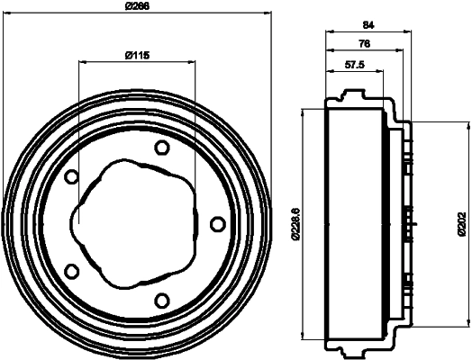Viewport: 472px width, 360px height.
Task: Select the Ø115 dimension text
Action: pos(136,56)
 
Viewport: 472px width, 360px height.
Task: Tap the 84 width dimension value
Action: pos(368,25)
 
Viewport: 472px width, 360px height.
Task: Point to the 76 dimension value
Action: pos(364,43)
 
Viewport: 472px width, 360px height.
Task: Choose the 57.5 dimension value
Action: pos(355,65)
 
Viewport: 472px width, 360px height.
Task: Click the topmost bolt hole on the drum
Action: pos(161,148)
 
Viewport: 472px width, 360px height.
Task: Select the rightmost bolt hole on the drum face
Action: pos(217,223)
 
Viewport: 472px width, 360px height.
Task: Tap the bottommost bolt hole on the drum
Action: pos(161,300)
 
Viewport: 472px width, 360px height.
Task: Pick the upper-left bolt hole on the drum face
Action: pos(72,176)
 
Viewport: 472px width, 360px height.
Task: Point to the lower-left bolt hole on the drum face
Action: pos(72,271)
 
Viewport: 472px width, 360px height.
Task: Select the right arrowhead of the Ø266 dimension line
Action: pos(268,13)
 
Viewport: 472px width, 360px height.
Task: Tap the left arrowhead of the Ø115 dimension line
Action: pos(83,62)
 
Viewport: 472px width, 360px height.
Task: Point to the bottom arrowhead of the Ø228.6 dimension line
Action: pos(303,338)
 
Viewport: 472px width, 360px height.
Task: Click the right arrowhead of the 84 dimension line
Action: pos(408,33)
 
